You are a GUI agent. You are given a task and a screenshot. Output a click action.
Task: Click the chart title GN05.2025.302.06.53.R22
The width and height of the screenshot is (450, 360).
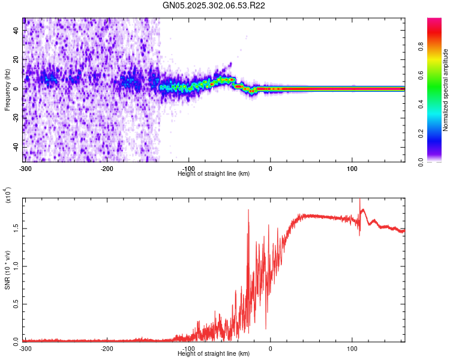pos(214,5)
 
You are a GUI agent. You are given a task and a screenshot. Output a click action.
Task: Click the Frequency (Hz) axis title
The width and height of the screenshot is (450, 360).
pos(7,89)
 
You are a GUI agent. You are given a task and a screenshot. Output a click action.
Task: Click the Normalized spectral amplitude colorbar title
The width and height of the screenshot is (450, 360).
pos(446,90)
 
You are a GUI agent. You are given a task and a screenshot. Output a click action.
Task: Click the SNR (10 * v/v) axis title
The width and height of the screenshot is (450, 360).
pos(7,270)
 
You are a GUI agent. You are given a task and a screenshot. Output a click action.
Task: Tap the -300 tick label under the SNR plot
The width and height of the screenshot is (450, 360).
pos(25,348)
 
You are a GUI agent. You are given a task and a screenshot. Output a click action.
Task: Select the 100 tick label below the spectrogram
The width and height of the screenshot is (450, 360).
pos(352,168)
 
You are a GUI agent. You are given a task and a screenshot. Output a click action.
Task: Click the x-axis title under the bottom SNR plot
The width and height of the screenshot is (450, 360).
pos(214,354)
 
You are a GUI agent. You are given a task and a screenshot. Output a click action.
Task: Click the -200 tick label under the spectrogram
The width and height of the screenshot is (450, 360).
pos(107,168)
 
